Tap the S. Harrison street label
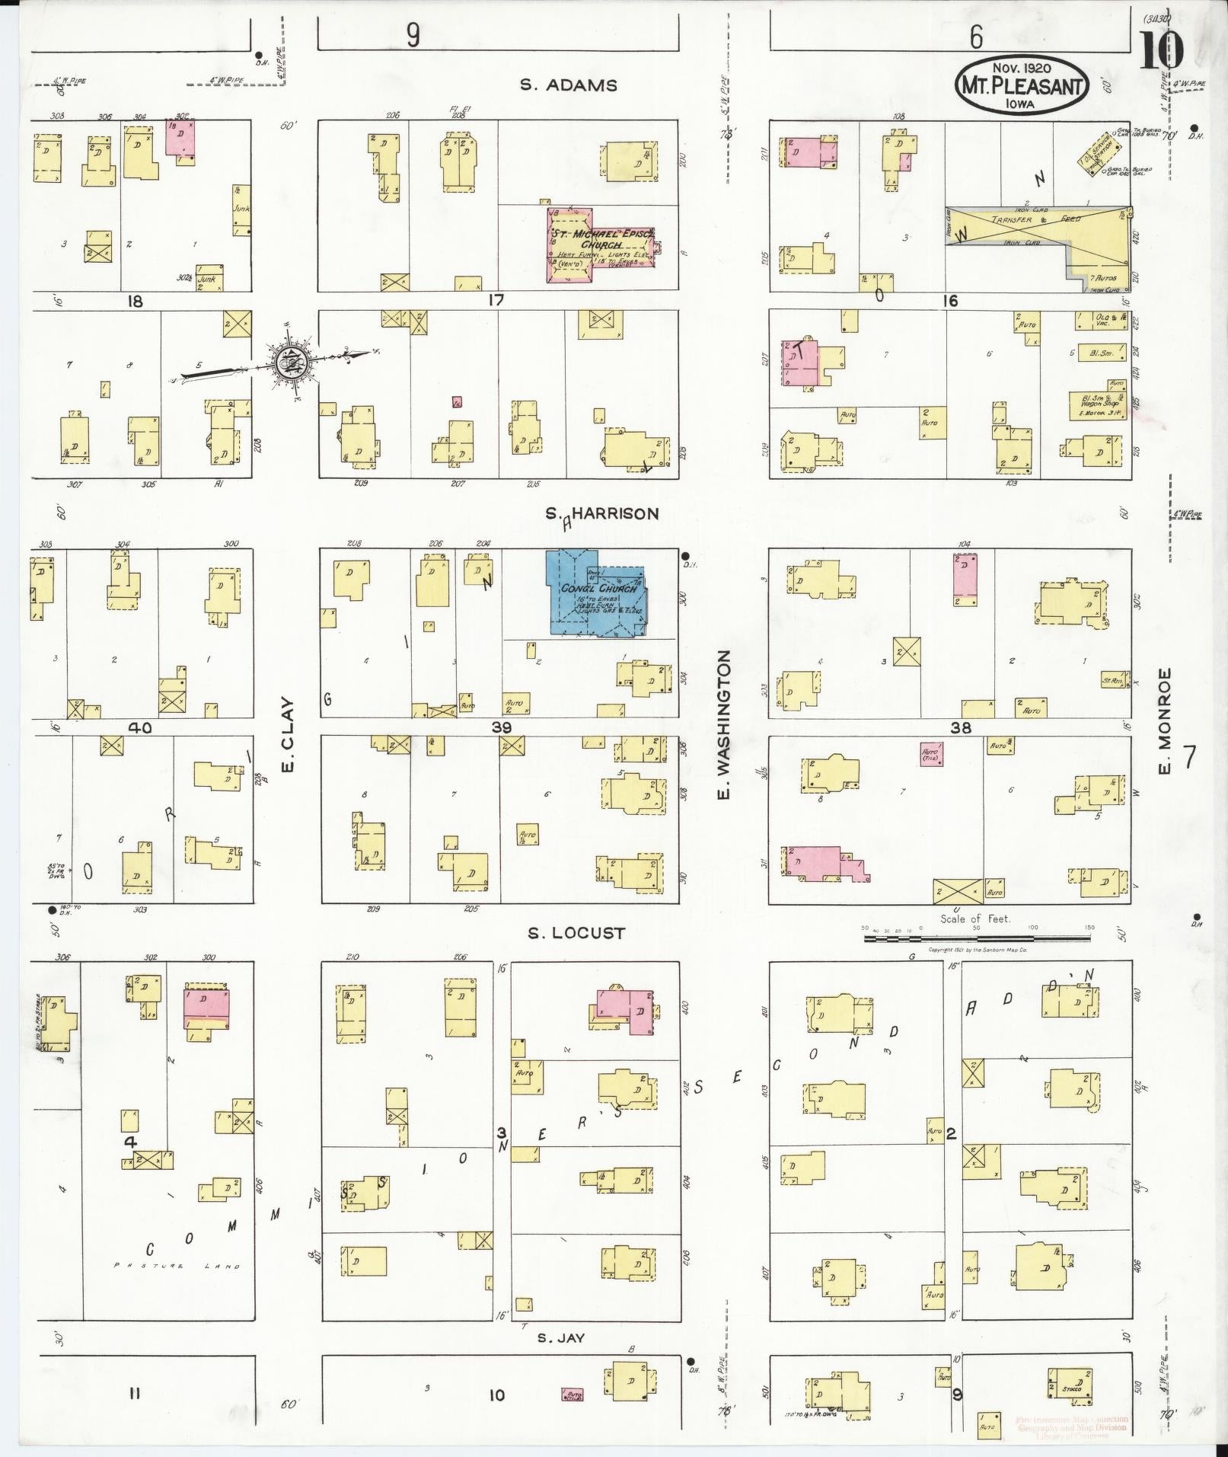[x=601, y=514]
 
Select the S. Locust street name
[x=577, y=933]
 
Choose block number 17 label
[x=496, y=301]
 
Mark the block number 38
[x=961, y=727]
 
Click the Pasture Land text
[x=177, y=1266]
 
